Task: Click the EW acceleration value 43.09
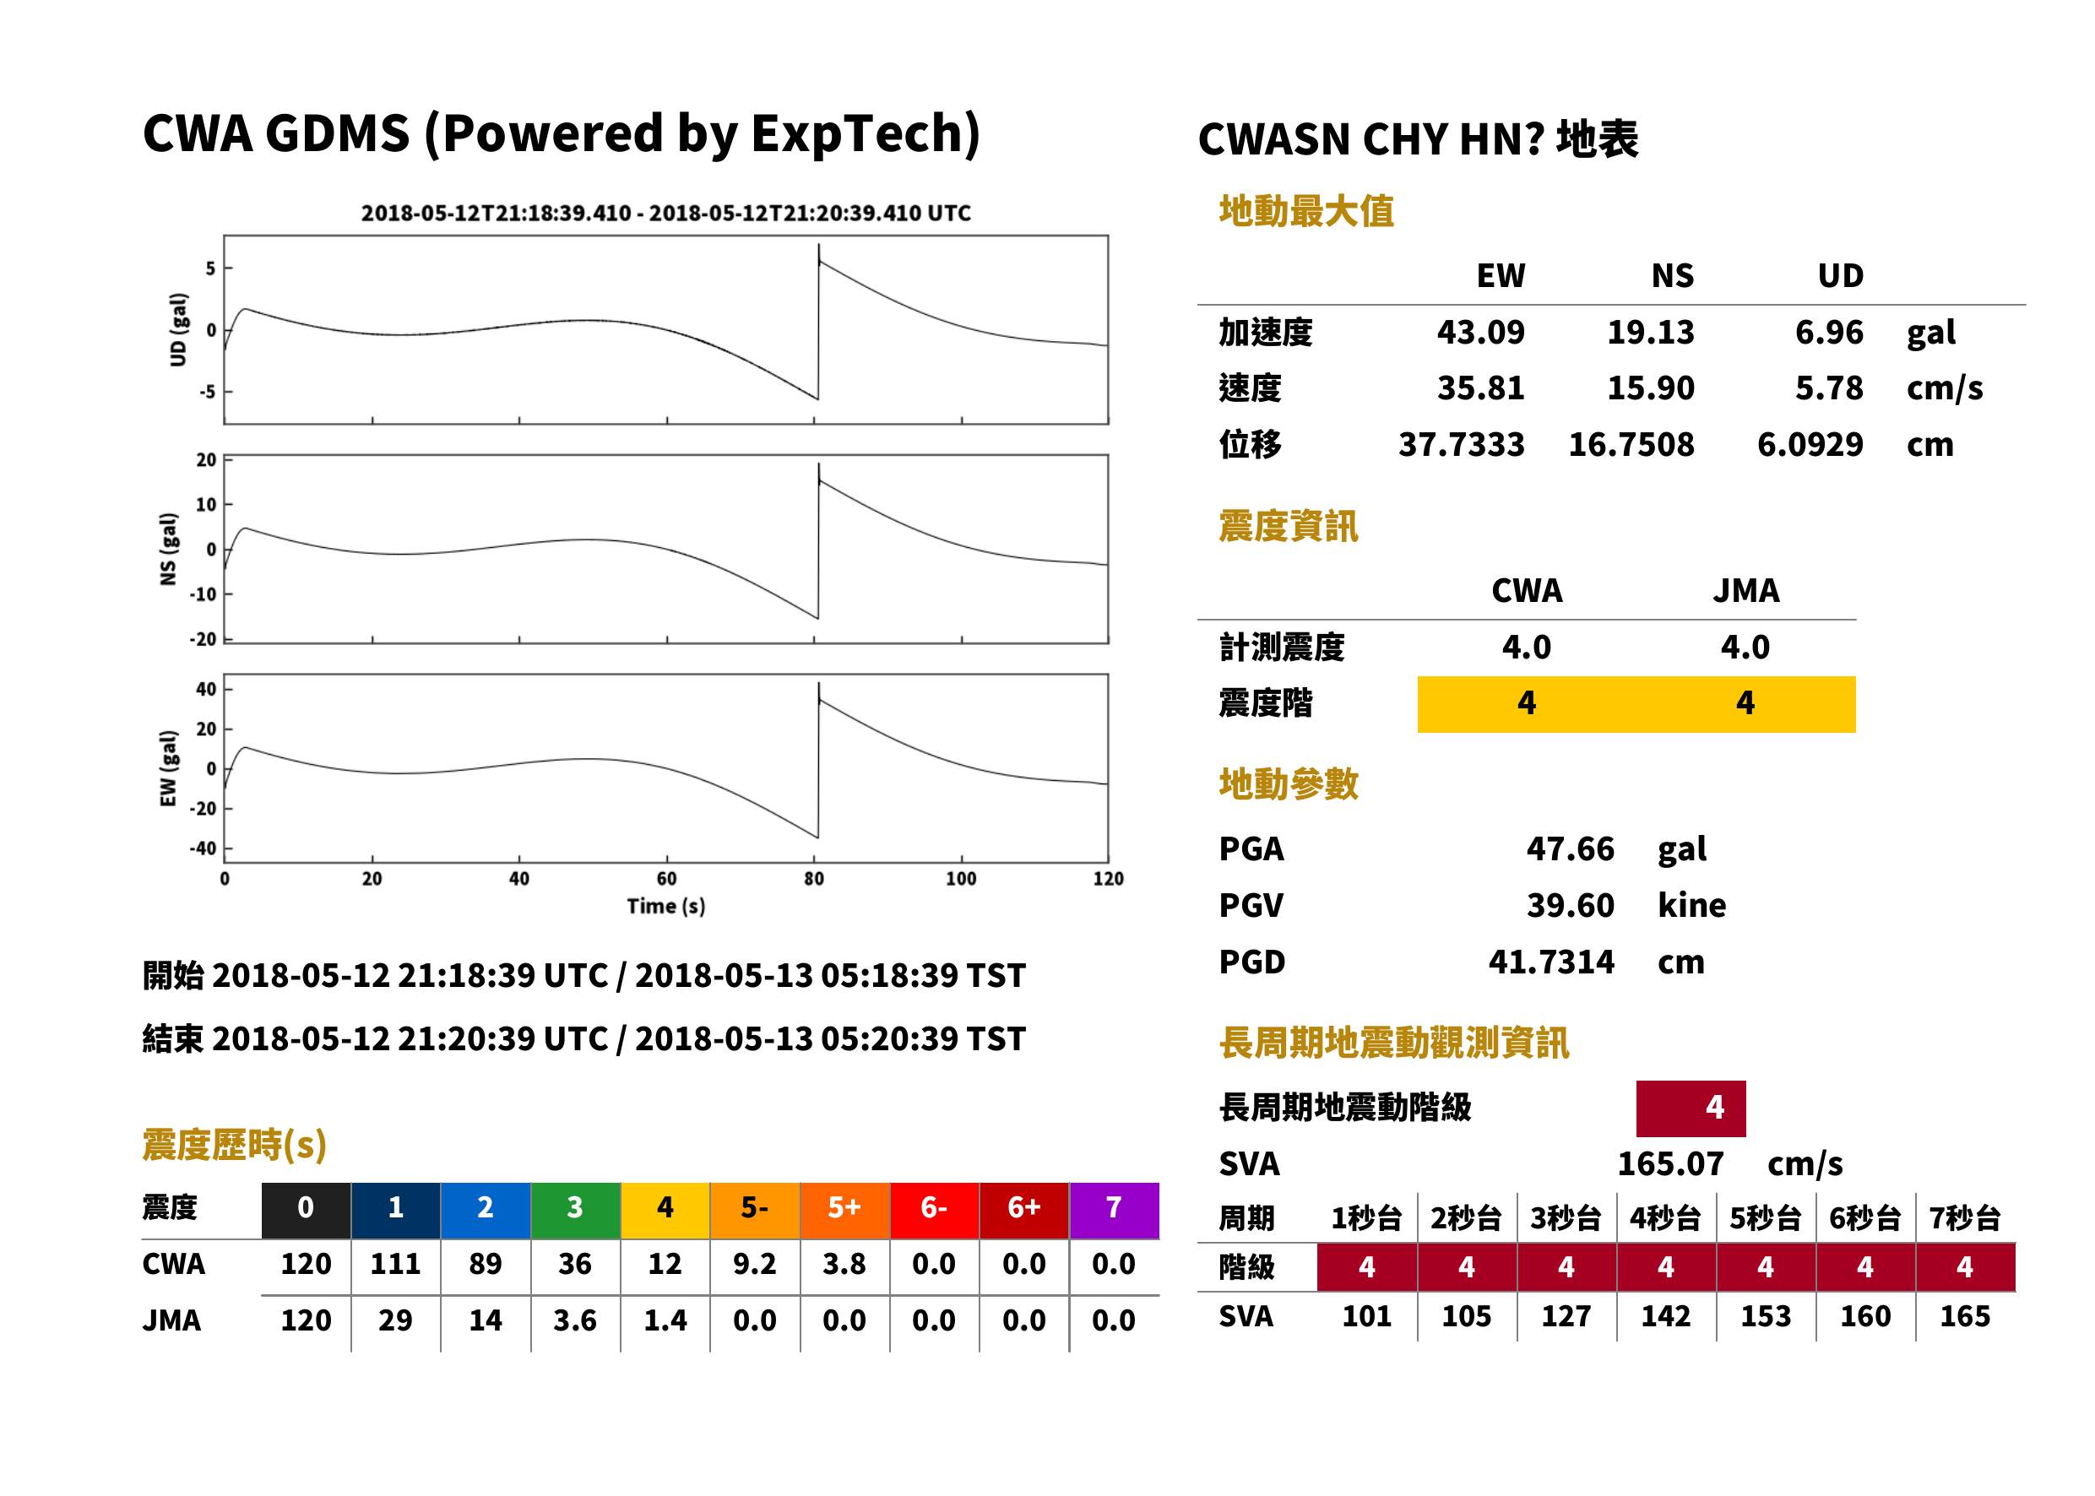coord(1479,332)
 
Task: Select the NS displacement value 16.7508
coord(1631,444)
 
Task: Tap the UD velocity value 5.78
coord(1829,388)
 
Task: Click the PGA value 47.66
coord(1570,848)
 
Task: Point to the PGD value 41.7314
coord(1551,962)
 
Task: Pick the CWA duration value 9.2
coord(755,1264)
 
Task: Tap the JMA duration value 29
coord(395,1320)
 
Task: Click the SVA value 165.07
coord(1670,1163)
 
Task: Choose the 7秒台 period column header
coord(1965,1217)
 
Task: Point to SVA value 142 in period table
coord(1666,1316)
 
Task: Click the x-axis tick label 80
coord(813,879)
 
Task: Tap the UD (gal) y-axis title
coord(179,330)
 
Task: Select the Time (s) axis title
coord(666,907)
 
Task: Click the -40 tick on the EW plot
coord(204,848)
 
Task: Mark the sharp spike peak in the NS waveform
coord(818,464)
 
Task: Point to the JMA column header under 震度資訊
coord(1746,590)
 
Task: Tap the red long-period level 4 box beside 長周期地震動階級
coord(1691,1108)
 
